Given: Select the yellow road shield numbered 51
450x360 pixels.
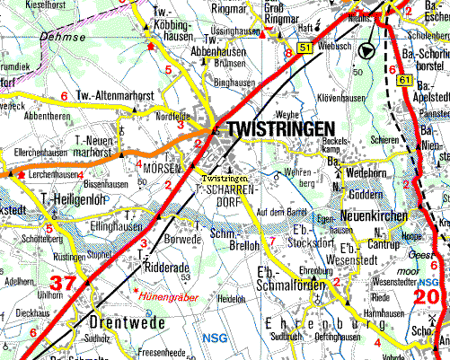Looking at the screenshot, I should point(305,46).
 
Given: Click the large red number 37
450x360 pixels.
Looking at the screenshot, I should point(62,284).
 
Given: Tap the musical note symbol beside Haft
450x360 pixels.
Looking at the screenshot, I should point(316,28).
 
